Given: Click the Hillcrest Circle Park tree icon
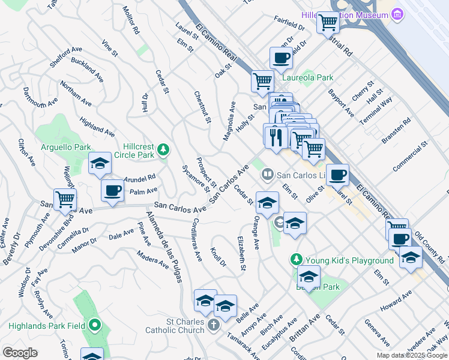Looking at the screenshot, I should click(x=163, y=150).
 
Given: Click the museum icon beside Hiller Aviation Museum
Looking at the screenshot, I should click(x=397, y=14).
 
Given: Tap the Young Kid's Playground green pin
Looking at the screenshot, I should click(x=296, y=259).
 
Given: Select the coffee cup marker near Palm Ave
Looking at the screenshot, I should click(x=112, y=191).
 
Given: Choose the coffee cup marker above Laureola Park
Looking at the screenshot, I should click(x=282, y=59).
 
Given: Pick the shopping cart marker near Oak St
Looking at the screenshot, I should click(x=262, y=80).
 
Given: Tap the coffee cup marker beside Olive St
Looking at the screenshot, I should click(x=337, y=175).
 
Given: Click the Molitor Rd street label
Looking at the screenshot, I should click(x=130, y=20).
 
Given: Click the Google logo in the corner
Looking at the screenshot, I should click(x=20, y=353).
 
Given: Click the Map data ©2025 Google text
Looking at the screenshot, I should click(x=411, y=355).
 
